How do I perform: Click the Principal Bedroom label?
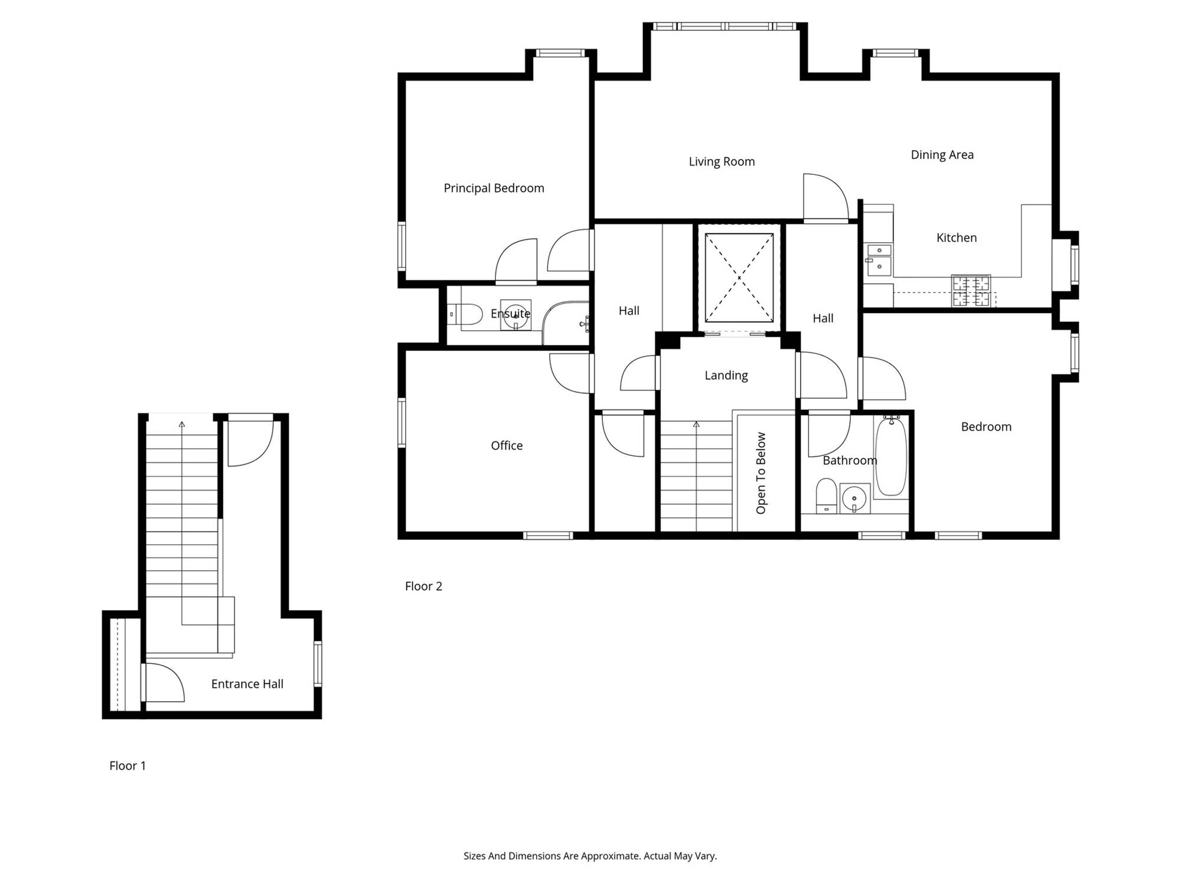494,188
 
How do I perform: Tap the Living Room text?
722,162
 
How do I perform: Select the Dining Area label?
942,155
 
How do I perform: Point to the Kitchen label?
956,237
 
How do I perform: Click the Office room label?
507,445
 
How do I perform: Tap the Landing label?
726,376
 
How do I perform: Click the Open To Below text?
761,473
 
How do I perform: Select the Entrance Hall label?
247,684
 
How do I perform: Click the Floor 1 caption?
127,766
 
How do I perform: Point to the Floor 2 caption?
423,586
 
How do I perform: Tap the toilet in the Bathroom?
826,496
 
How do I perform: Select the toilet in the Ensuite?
465,314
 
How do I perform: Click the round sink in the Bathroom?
854,499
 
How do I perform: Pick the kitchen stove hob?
971,291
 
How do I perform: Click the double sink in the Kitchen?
879,259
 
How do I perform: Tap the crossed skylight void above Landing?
739,278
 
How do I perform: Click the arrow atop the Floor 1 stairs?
182,424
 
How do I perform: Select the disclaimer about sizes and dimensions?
590,856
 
